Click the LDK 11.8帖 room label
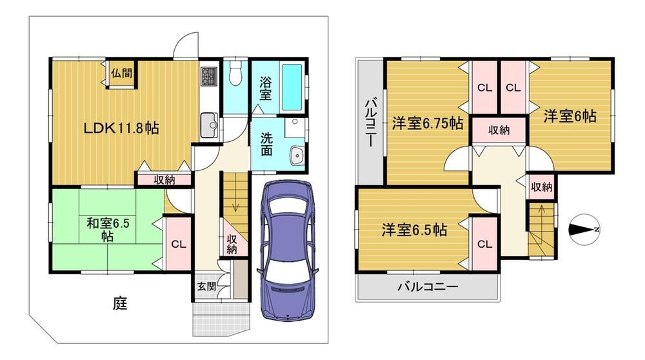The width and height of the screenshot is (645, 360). pyautogui.click(x=121, y=128)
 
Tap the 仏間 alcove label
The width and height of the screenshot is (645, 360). pyautogui.click(x=122, y=74)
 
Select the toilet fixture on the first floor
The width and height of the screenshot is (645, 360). pyautogui.click(x=235, y=74)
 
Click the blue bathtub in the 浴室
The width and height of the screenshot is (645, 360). pyautogui.click(x=292, y=86)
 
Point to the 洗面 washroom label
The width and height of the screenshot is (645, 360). pyautogui.click(x=266, y=144)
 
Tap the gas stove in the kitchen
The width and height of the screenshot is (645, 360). pyautogui.click(x=208, y=76)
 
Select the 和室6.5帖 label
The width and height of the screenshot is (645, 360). pyautogui.click(x=108, y=230)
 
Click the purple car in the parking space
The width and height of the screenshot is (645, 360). pyautogui.click(x=288, y=250)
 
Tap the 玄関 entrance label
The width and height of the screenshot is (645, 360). pyautogui.click(x=206, y=286)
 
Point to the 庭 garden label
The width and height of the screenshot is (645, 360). pyautogui.click(x=120, y=304)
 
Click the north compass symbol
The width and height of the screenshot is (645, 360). pyautogui.click(x=584, y=230)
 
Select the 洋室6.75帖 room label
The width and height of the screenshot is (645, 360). pyautogui.click(x=428, y=123)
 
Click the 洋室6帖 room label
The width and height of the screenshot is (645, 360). pyautogui.click(x=570, y=116)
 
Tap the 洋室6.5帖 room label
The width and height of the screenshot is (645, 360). pyautogui.click(x=414, y=230)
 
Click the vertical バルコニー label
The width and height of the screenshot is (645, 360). pyautogui.click(x=370, y=123)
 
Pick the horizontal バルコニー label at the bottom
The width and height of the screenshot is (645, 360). pyautogui.click(x=428, y=286)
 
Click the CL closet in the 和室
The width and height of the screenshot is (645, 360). pyautogui.click(x=179, y=244)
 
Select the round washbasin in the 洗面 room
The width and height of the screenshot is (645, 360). pyautogui.click(x=297, y=156)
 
